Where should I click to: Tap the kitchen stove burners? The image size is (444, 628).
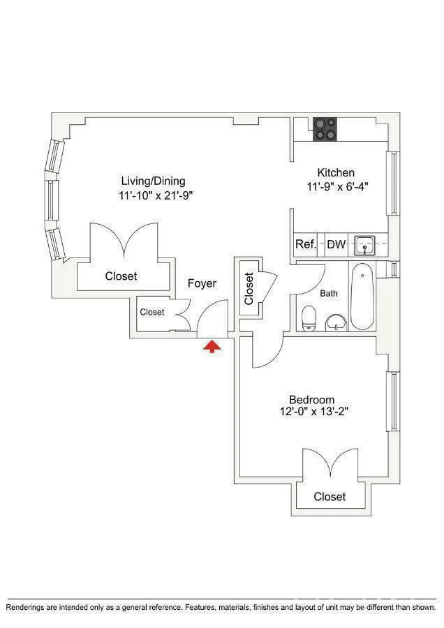[325, 128]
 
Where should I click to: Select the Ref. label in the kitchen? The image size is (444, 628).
[306, 244]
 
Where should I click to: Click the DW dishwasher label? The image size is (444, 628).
[336, 244]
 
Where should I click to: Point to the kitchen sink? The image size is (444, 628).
[364, 245]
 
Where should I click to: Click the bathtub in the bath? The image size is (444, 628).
[362, 296]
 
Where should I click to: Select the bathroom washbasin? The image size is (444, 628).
[336, 322]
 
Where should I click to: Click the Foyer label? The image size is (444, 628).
[202, 284]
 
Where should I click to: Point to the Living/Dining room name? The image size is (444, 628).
[153, 181]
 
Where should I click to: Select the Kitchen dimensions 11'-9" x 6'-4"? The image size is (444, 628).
[336, 186]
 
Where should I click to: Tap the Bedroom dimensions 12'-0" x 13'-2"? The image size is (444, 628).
[311, 412]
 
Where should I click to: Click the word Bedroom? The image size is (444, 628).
[311, 399]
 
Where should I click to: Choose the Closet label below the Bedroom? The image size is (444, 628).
[330, 497]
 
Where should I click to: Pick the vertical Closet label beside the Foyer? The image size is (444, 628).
[249, 288]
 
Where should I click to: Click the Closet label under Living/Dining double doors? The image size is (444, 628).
[121, 276]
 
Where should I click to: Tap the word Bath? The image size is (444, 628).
[329, 293]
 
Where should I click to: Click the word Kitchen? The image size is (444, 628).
[336, 172]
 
